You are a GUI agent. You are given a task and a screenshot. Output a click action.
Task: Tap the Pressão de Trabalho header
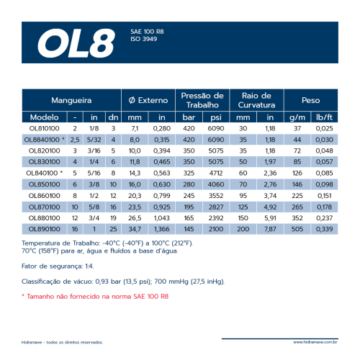tap(203, 100)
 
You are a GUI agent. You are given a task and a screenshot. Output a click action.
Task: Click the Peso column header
tap(311, 100)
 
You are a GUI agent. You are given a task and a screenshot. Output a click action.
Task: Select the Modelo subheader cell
tap(45, 117)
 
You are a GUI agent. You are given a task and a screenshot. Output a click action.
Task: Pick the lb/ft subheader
tap(325, 117)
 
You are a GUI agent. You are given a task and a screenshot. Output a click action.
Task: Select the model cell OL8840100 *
tap(45, 139)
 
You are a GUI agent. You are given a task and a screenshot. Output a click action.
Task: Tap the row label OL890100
tap(44, 228)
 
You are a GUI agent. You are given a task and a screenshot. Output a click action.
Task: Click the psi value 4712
tap(217, 173)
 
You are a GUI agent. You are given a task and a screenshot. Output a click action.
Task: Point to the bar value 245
tap(189, 195)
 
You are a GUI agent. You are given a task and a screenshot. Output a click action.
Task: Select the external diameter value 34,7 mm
tap(135, 228)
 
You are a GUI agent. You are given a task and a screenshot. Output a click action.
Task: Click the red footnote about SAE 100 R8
tap(95, 296)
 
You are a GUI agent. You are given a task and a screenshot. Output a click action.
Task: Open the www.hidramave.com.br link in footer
tap(315, 343)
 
